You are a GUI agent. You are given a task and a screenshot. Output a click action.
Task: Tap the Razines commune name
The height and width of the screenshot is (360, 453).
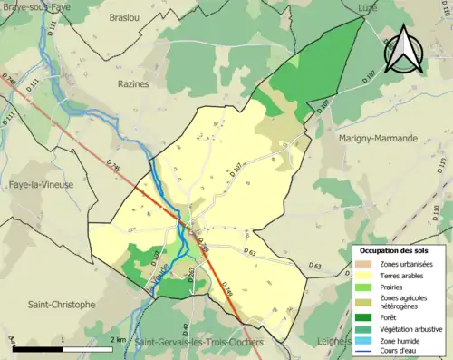tap(132, 83)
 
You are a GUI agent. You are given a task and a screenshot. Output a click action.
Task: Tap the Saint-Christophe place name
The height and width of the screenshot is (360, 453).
tap(61, 305)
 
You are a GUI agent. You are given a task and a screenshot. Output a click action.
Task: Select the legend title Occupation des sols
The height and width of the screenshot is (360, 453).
tap(393, 249)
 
